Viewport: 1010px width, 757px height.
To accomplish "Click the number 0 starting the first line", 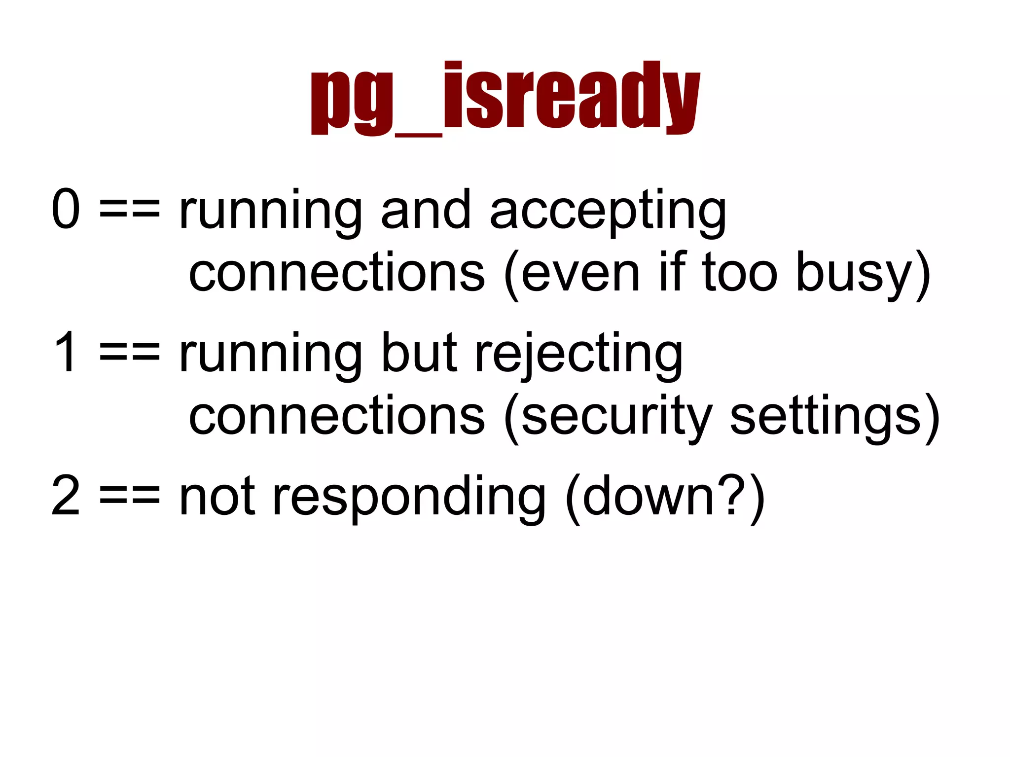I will [66, 209].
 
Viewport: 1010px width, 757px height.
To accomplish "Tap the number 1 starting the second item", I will [66, 352].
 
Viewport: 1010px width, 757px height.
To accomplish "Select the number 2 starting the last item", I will [66, 495].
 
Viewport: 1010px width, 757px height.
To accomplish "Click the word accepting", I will [608, 212].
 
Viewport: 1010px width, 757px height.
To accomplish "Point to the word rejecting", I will [578, 355].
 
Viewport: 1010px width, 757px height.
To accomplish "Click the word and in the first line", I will [426, 209].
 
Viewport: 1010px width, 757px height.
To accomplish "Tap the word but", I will [419, 352].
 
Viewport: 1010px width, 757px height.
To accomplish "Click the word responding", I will [409, 498].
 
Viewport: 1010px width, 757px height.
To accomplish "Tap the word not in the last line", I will [217, 496].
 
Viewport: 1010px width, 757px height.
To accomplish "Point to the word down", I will [648, 495].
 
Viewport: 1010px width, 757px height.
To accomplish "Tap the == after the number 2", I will [130, 496].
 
